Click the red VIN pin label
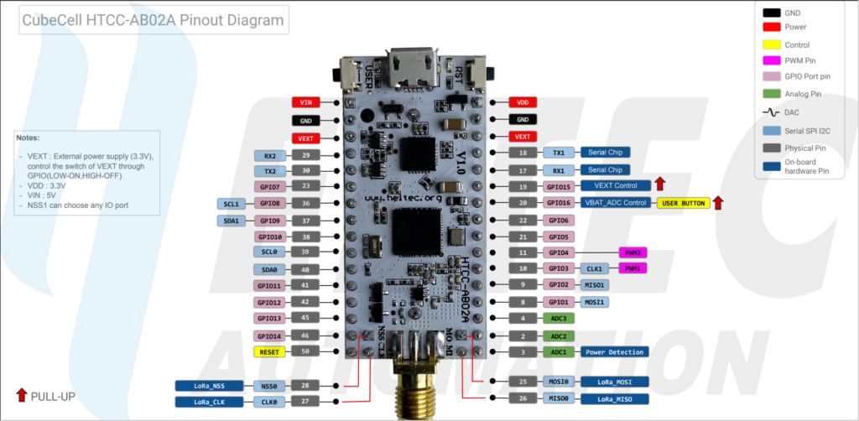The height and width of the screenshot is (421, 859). [x=305, y=102]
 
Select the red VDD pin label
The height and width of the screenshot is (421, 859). [x=523, y=102]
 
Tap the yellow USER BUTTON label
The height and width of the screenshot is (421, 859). [x=684, y=203]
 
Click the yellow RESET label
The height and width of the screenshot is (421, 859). [x=269, y=352]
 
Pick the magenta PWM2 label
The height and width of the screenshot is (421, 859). [x=633, y=252]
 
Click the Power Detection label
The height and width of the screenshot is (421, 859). [x=614, y=352]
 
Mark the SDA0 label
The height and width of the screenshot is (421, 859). [x=269, y=269]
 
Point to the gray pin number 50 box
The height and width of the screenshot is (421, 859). [x=305, y=352]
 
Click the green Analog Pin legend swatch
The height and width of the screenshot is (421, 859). [x=771, y=95]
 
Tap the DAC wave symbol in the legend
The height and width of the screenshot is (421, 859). [x=771, y=112]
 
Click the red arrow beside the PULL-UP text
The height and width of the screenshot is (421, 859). [x=21, y=396]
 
